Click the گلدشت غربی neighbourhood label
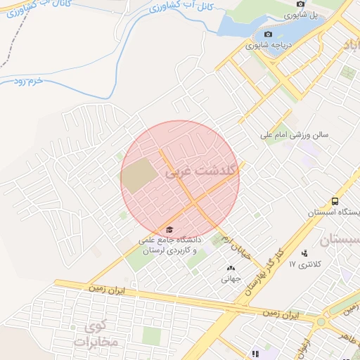(202, 171)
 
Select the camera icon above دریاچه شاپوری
(268, 34)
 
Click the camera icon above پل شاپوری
(300, 4)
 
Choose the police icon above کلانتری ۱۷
(304, 253)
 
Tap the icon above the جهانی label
(230, 268)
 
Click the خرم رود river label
(27, 82)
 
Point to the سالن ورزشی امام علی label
(295, 133)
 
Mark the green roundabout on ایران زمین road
(322, 322)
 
